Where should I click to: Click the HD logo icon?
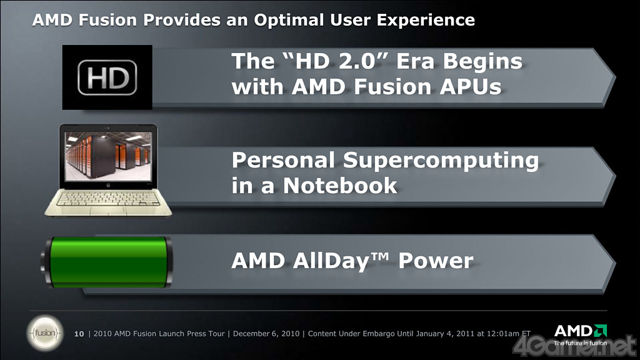[107, 77]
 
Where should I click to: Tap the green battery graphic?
[107, 262]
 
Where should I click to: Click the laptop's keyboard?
[109, 198]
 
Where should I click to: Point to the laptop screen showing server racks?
[109, 157]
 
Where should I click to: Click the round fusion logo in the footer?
[45, 333]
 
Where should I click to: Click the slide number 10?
[79, 334]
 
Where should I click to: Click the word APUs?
[470, 87]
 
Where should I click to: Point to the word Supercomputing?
[441, 161]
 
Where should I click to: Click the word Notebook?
[340, 186]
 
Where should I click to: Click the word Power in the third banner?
[436, 261]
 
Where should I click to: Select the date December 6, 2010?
[266, 334]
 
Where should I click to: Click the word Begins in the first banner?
[482, 62]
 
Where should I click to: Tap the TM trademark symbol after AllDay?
[379, 256]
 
